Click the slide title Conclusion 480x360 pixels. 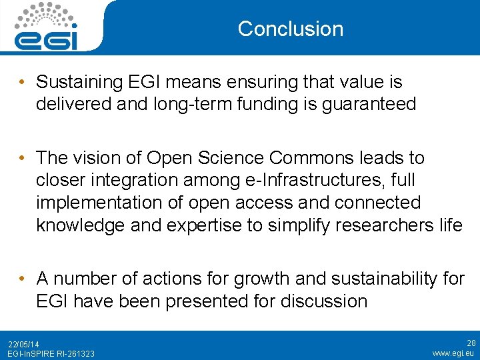click(x=290, y=29)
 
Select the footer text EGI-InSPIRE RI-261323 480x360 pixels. click(x=51, y=353)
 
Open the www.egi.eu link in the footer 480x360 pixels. click(x=453, y=353)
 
